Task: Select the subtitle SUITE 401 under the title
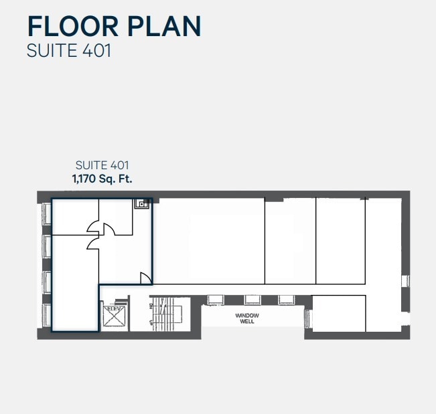coord(68,51)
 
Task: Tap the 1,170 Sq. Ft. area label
coord(102,179)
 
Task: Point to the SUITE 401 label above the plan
coord(102,165)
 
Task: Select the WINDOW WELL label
coord(248,318)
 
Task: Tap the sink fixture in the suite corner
coord(141,204)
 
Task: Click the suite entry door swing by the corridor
coord(145,278)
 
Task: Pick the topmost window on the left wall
coord(47,213)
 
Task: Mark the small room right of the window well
coord(339,313)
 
